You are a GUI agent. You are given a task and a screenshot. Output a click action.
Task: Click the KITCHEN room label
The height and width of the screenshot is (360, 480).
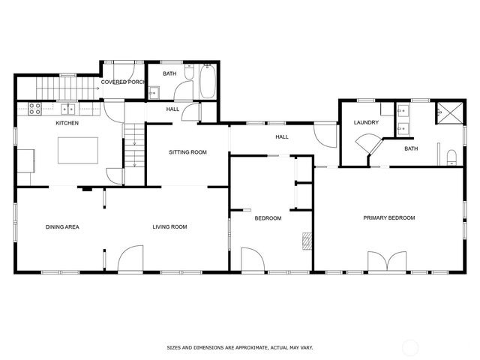(x=67, y=123)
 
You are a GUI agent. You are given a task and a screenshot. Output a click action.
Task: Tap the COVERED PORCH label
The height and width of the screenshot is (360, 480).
(x=123, y=82)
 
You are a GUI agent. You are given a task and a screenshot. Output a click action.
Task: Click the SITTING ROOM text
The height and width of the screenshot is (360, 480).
(x=187, y=152)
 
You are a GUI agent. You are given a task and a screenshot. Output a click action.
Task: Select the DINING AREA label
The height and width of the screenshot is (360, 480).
(x=62, y=226)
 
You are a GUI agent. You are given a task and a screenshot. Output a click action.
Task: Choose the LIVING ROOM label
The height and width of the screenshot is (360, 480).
(x=169, y=226)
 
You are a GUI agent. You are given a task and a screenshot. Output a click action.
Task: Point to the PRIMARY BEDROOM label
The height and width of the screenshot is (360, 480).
(x=388, y=218)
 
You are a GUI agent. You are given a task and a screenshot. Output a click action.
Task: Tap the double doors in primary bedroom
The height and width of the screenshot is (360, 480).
(x=388, y=262)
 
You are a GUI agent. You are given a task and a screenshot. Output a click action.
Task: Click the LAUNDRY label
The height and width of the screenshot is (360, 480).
(x=366, y=122)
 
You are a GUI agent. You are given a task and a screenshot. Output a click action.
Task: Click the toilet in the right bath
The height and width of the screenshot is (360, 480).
(x=451, y=157)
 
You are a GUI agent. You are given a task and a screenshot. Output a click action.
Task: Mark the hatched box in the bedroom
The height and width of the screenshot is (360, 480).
(x=306, y=240)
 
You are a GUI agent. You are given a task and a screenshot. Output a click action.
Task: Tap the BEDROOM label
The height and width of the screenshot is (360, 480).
(x=268, y=218)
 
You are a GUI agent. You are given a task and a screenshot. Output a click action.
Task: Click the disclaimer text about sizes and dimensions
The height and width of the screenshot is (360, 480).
(x=239, y=348)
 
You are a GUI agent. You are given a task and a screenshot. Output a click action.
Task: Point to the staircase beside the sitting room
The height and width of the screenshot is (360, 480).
(x=133, y=146)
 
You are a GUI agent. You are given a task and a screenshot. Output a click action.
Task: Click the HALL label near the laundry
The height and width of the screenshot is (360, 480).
(x=282, y=137)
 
